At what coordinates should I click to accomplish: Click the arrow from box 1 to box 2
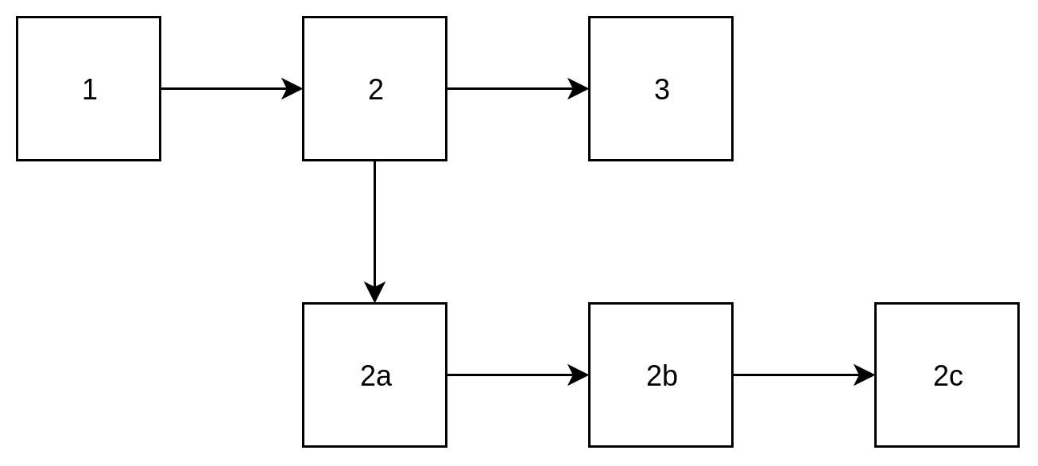[223, 88]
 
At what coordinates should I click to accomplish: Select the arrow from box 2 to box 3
[509, 88]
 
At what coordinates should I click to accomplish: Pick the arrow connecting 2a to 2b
[509, 375]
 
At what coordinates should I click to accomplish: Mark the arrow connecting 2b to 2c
[795, 375]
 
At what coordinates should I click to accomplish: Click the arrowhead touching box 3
[579, 88]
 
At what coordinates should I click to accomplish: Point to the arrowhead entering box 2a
[374, 293]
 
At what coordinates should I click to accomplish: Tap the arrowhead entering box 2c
[865, 375]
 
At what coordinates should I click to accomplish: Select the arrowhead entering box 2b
[579, 375]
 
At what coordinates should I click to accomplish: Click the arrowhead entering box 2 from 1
[292, 88]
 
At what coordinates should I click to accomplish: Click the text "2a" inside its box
[375, 376]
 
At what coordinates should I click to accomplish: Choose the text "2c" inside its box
[947, 376]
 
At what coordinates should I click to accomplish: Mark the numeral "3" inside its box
[661, 90]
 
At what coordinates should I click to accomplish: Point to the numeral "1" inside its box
[89, 90]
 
